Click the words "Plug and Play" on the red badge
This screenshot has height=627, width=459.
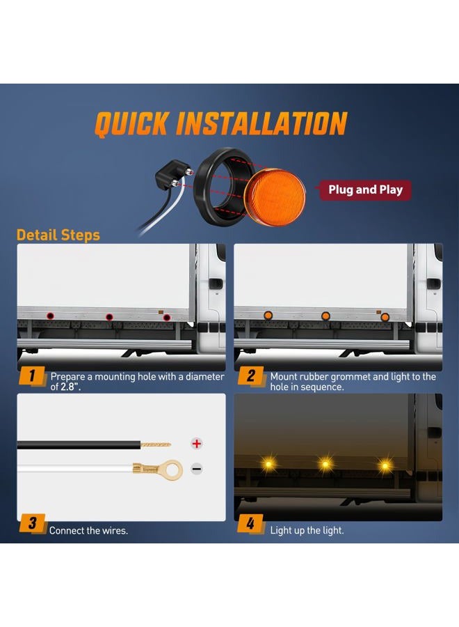coord(365,190)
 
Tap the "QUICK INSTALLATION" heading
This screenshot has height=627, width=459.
coord(221,123)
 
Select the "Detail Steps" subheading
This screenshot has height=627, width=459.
coord(58,235)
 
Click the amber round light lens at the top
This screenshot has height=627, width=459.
coord(275,197)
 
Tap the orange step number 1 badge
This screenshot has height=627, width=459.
coord(32,376)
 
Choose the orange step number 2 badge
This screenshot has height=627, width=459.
coord(251,376)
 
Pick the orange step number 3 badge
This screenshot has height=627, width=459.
coord(32,523)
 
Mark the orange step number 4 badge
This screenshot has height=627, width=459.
coord(250,523)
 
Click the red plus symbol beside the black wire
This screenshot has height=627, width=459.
coord(196,444)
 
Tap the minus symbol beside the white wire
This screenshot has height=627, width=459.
coord(196,469)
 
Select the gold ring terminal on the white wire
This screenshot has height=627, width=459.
coord(159,470)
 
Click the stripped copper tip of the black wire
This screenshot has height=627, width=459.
coord(156,444)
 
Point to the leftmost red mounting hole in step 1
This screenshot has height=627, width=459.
coord(50,316)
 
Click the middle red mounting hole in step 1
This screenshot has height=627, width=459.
coord(109,317)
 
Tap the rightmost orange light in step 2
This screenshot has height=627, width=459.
coord(385,318)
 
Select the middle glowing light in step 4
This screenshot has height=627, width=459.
coord(325,464)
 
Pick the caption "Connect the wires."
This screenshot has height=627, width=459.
coord(88,531)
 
